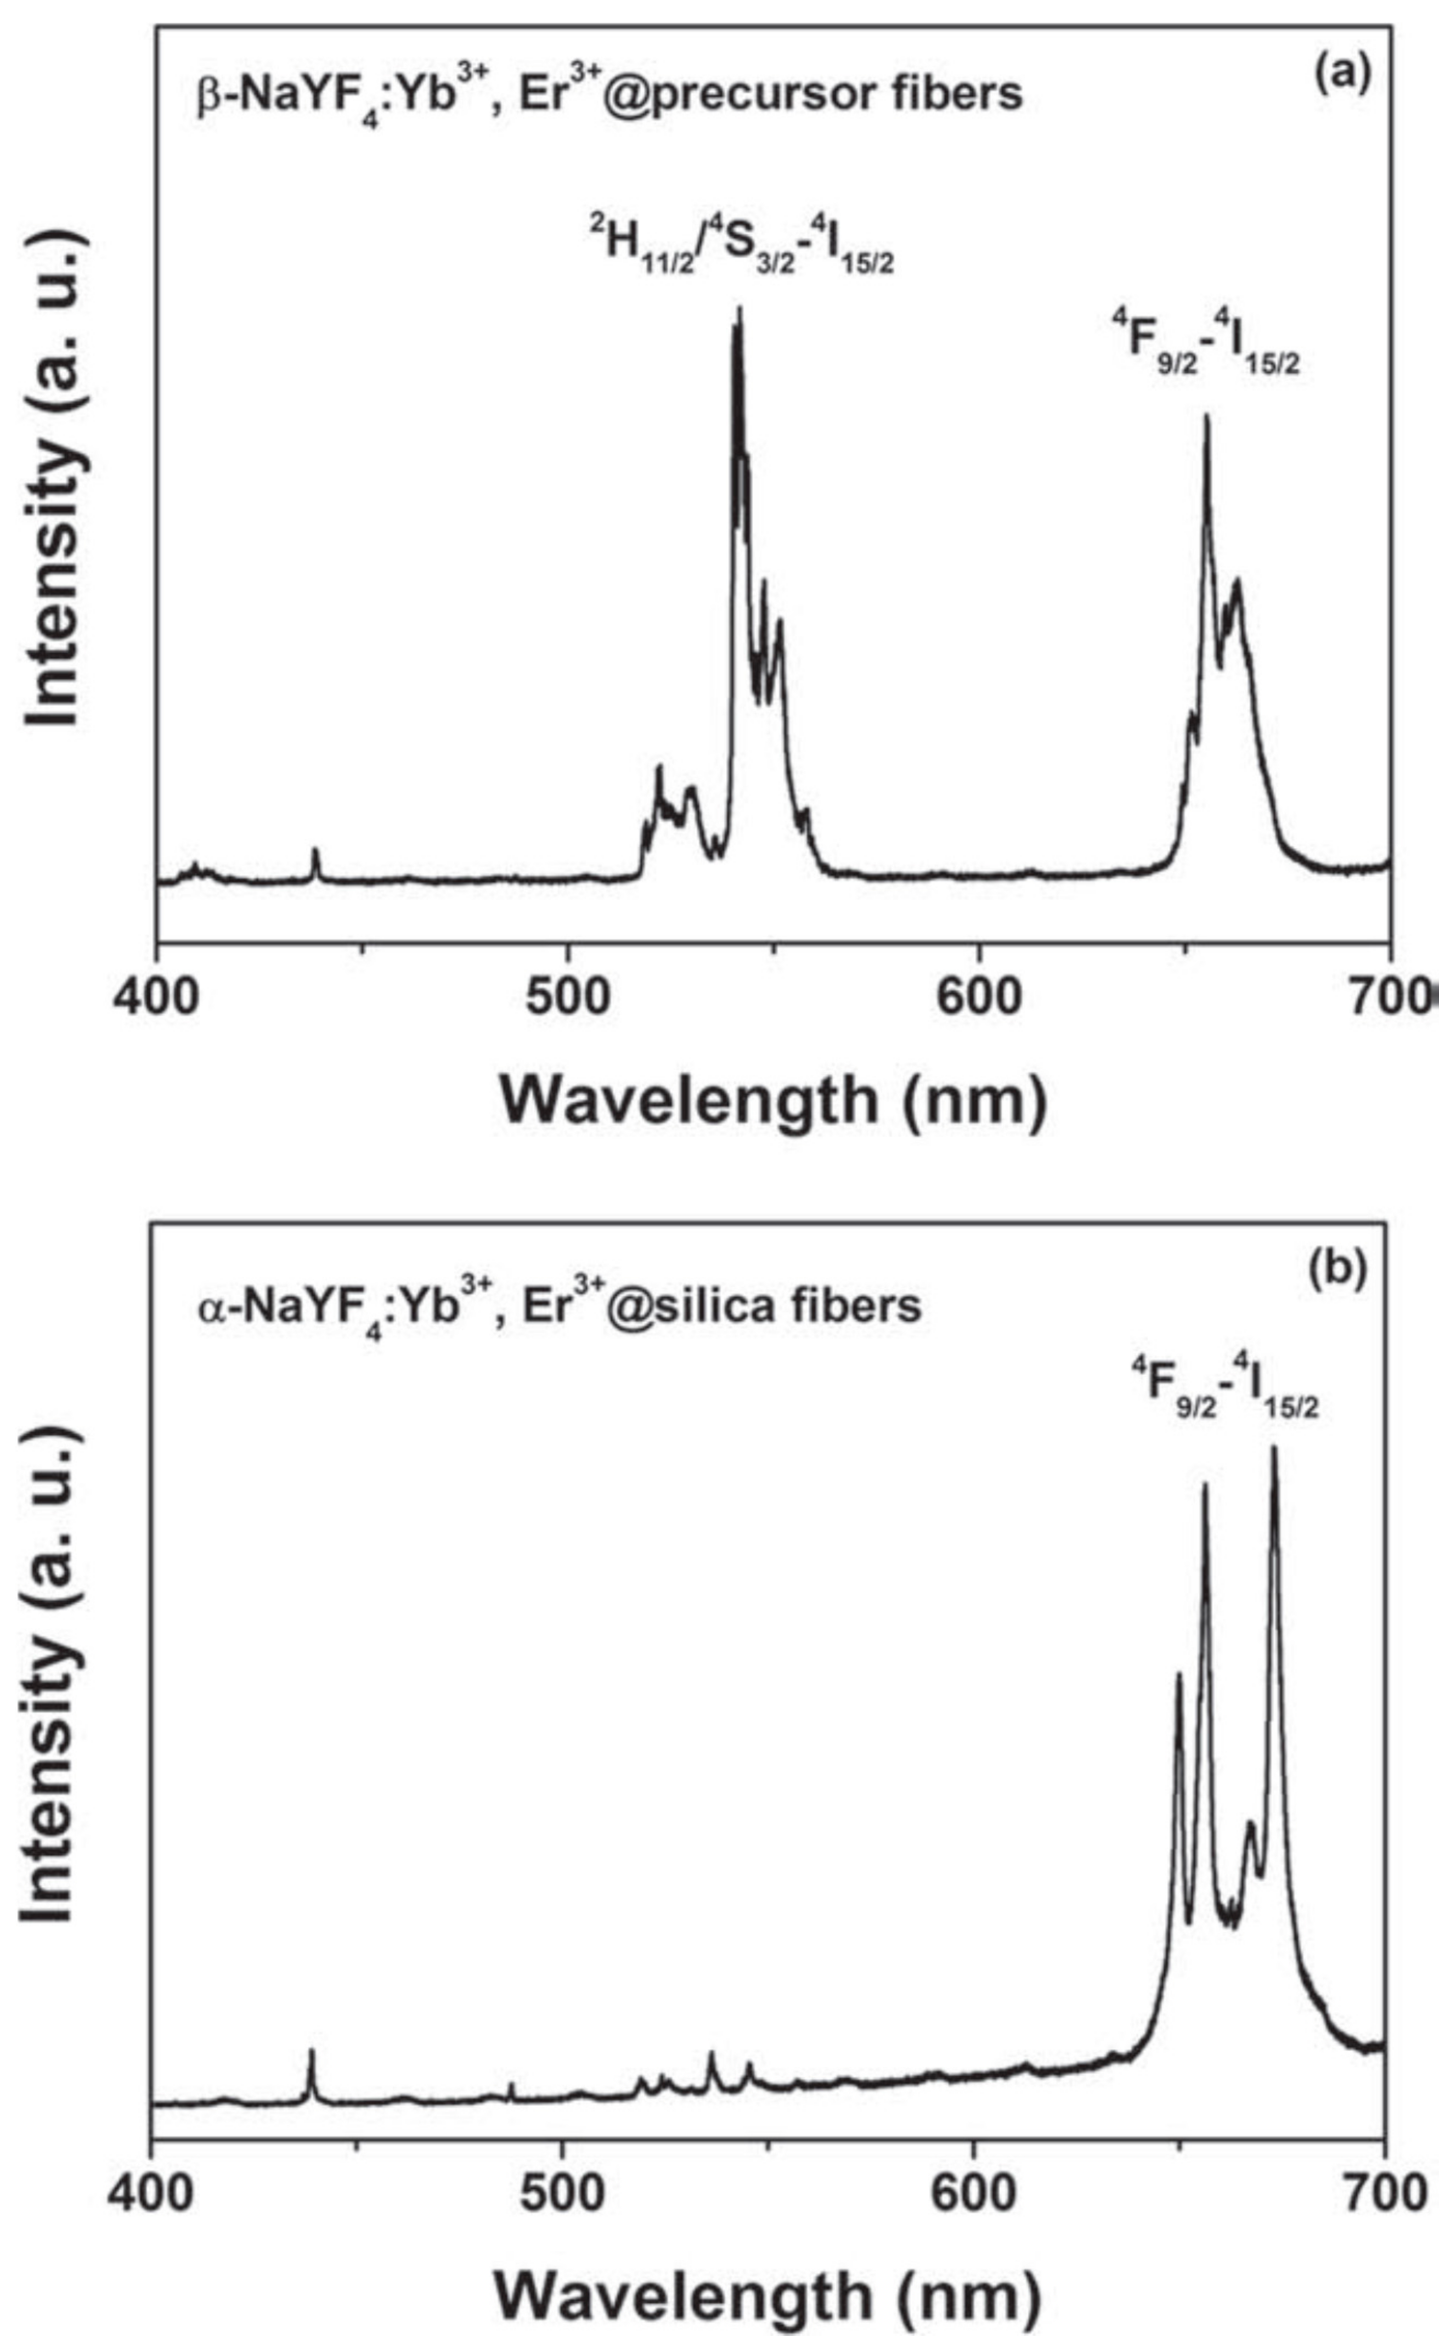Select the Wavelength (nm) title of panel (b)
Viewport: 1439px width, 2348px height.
point(767,2292)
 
